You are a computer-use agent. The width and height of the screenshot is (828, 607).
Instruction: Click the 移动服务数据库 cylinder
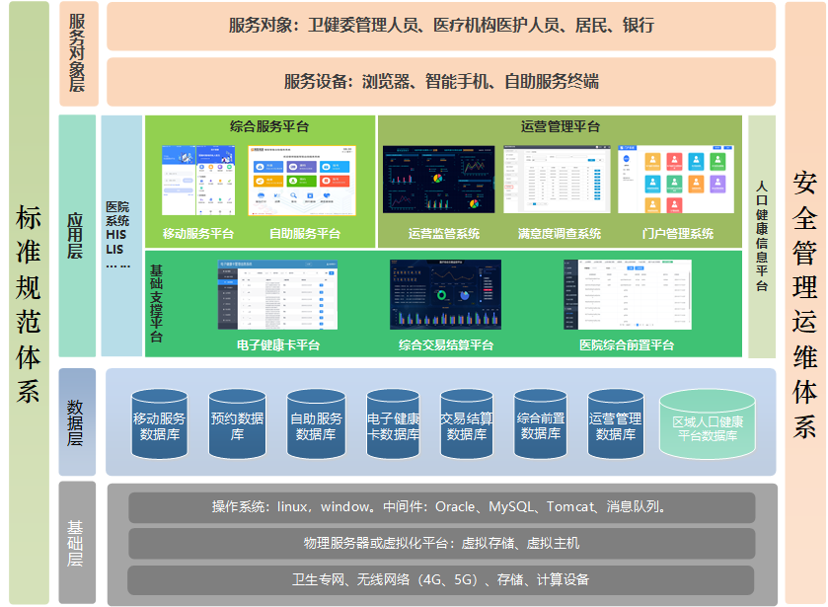[x=160, y=425]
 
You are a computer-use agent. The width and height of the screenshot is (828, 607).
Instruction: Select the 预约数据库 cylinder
[x=237, y=425]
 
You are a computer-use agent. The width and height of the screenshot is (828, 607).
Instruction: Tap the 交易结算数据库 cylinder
[x=467, y=425]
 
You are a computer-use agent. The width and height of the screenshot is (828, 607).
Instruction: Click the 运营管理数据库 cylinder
[x=616, y=425]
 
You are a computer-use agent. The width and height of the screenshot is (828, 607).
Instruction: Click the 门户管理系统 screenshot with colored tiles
[x=676, y=180]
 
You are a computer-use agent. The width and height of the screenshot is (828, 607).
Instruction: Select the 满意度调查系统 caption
[x=559, y=234]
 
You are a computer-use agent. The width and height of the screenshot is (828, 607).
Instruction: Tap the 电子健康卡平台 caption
[x=278, y=345]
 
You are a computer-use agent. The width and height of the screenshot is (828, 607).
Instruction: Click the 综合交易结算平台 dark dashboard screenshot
[x=445, y=294]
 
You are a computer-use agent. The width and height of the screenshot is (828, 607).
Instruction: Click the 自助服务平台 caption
[x=305, y=234]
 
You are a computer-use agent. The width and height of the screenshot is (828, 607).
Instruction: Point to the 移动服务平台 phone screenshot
[x=197, y=180]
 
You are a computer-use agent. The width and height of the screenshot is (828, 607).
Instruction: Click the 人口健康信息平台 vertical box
[x=762, y=237]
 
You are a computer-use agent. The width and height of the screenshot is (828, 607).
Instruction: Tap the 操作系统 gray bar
[x=441, y=507]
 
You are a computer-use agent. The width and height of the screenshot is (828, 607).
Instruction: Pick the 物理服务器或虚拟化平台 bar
[x=441, y=543]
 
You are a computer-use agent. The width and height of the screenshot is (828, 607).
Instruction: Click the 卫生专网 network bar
[x=441, y=579]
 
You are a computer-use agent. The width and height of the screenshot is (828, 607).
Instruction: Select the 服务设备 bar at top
[x=441, y=82]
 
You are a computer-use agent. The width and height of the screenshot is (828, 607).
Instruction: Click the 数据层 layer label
[x=77, y=422]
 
